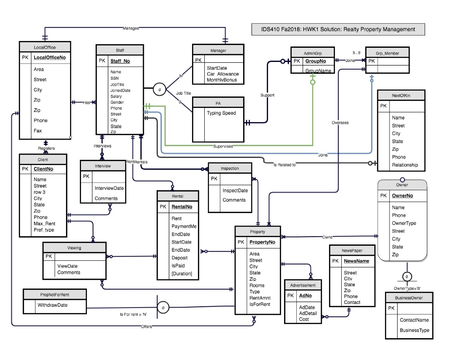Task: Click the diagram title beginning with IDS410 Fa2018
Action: coord(338,29)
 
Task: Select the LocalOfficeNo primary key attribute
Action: coord(50,58)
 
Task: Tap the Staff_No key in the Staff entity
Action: coord(120,61)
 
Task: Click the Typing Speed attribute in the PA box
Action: coord(221,113)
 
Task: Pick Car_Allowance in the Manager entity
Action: coord(223,74)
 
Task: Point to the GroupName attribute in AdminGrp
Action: coord(318,71)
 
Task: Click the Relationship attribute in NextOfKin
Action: coord(405,165)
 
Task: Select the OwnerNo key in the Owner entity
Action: coord(402,196)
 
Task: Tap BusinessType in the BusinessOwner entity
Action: coord(414,330)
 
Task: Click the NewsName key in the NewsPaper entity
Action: coord(356,261)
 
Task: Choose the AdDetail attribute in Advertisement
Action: coord(308,313)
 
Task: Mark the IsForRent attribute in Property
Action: coord(260,304)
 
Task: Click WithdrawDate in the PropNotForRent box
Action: coord(52,305)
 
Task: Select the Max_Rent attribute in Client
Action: coord(44,223)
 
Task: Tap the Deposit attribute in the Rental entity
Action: coord(179,258)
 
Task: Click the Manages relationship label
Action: coord(131,28)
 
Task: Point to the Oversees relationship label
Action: coord(340,122)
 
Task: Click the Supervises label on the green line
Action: coord(223,146)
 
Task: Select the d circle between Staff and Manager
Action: coord(159,89)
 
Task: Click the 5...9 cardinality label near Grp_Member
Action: coord(357,53)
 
